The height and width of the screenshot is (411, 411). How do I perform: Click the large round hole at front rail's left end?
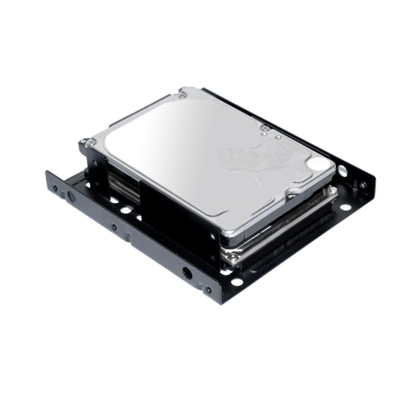tap(71, 196)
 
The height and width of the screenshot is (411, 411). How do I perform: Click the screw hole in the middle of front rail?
tap(114, 227)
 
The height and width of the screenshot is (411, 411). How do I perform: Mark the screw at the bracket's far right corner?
tap(364, 184)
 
